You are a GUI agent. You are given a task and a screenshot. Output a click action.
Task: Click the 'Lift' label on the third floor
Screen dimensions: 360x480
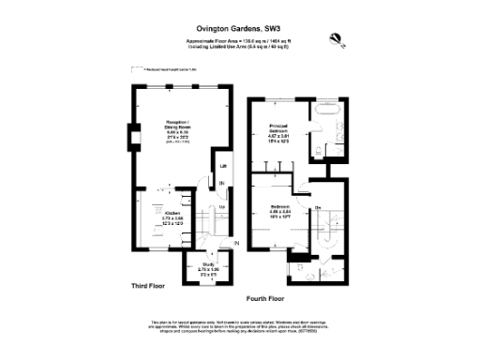pos(222,166)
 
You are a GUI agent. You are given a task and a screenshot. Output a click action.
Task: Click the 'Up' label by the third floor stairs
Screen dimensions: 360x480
pos(222,206)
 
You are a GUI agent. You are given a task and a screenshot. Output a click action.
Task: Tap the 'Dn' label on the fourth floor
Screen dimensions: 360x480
pos(318,206)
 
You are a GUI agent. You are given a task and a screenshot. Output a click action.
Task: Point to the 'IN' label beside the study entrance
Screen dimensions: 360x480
pos(236,244)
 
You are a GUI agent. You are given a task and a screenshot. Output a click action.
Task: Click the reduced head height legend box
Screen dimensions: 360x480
pos(135,69)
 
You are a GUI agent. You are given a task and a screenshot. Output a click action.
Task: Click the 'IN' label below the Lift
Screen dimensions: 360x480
pos(222,183)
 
